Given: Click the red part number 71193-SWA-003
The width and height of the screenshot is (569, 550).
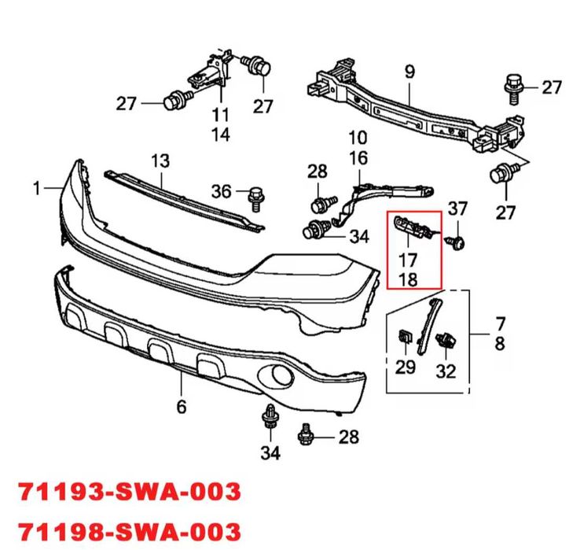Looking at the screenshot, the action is (x=130, y=491).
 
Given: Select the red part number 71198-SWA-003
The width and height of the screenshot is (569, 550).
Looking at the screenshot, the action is (x=130, y=531).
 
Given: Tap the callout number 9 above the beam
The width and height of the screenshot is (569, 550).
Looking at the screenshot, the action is (x=409, y=72).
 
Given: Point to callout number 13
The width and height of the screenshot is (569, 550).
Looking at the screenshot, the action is (x=160, y=161).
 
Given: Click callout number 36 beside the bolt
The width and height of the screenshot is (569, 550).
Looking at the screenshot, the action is (x=222, y=191).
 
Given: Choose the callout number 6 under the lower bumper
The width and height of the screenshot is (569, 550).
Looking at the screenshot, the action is (x=182, y=407).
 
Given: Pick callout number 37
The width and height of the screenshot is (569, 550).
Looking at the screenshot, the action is (x=457, y=209).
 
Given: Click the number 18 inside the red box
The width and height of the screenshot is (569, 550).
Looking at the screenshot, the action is (x=408, y=280).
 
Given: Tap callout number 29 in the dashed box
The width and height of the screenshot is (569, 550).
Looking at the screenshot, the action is (x=405, y=367).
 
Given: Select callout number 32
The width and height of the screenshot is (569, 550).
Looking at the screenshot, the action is (x=446, y=371).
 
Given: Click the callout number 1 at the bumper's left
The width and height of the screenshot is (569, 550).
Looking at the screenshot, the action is (x=36, y=188).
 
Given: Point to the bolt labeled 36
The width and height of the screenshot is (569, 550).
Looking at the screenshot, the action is (x=256, y=199).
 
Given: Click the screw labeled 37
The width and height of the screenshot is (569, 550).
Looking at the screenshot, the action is (x=456, y=242).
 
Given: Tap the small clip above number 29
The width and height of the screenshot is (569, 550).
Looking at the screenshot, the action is (x=406, y=337).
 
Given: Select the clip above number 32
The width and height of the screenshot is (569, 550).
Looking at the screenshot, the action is (x=446, y=340).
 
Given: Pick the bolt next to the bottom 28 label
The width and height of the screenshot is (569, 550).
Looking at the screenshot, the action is (x=306, y=435).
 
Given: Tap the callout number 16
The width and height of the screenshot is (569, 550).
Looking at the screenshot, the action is (x=358, y=158).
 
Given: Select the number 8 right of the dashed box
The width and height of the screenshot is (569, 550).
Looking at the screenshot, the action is (x=500, y=343).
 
